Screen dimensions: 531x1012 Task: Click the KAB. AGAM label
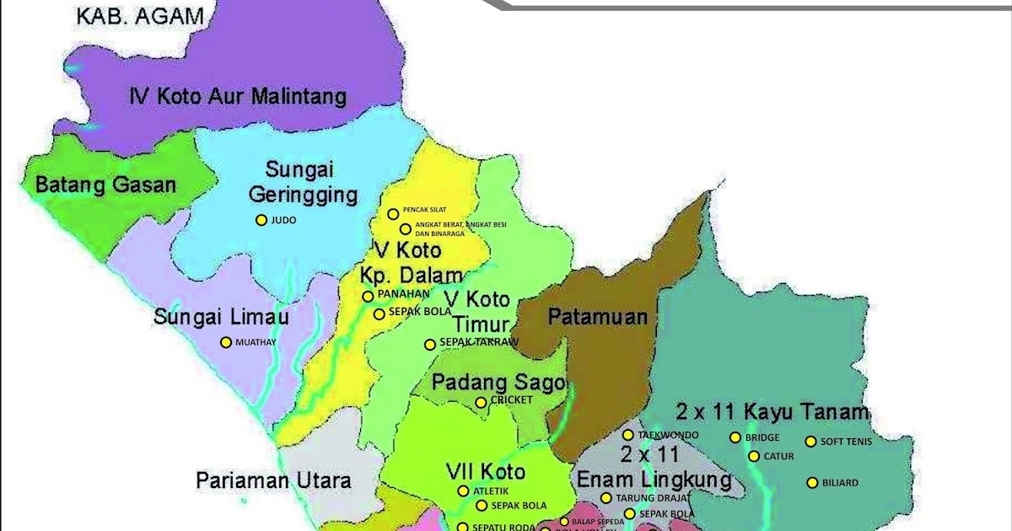130,16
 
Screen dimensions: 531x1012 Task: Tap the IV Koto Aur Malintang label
238,96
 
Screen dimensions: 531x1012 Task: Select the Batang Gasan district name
105,185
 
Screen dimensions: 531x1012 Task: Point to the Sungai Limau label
221,317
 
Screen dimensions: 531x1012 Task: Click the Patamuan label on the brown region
598,317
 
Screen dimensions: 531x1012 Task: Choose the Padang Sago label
498,383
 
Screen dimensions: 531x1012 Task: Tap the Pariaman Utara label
273,480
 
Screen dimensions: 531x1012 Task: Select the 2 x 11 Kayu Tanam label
772,412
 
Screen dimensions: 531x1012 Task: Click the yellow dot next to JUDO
261,220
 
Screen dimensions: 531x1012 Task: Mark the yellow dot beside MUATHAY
225,342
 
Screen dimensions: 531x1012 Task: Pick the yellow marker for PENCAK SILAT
392,214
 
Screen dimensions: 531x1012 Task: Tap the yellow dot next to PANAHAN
368,297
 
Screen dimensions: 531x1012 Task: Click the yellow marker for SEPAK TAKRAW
430,344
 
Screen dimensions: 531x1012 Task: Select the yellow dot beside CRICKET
481,402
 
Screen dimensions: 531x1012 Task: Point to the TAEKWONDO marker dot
628,435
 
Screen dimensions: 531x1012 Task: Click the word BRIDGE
762,437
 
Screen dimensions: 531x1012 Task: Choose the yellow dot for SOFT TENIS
811,441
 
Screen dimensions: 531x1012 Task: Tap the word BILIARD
840,483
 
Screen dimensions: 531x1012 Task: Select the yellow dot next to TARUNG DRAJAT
606,498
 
